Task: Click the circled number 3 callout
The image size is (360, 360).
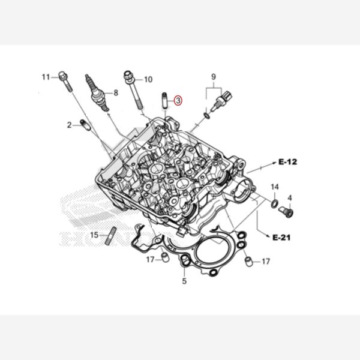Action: pos(178,101)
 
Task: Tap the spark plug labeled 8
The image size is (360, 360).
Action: pos(97,93)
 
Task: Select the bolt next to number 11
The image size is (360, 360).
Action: pos(65,82)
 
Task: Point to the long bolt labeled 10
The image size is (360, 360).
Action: pos(133,90)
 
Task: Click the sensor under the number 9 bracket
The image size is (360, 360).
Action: pos(221,101)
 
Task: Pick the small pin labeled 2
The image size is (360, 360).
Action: pos(85,124)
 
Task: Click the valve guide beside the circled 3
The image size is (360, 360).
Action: pos(164,101)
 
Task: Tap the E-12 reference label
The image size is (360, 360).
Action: pos(287,162)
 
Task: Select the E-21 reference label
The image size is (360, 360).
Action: pos(281,238)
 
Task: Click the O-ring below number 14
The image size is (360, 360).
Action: pos(275,203)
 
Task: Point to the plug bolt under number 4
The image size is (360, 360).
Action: pos(286,212)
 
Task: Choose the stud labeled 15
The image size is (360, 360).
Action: pos(111,236)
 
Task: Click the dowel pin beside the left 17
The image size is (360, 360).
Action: pos(166,257)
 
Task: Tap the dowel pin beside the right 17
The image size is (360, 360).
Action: pos(249,262)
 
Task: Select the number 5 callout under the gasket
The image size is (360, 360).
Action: pos(184,281)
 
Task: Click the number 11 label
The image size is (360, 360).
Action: pos(46,77)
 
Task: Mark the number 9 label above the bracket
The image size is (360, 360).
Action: pos(214,77)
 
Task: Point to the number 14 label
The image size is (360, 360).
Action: pos(275,187)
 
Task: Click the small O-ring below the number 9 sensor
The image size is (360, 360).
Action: pos(207,116)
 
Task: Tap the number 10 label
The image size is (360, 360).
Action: pos(148,79)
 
